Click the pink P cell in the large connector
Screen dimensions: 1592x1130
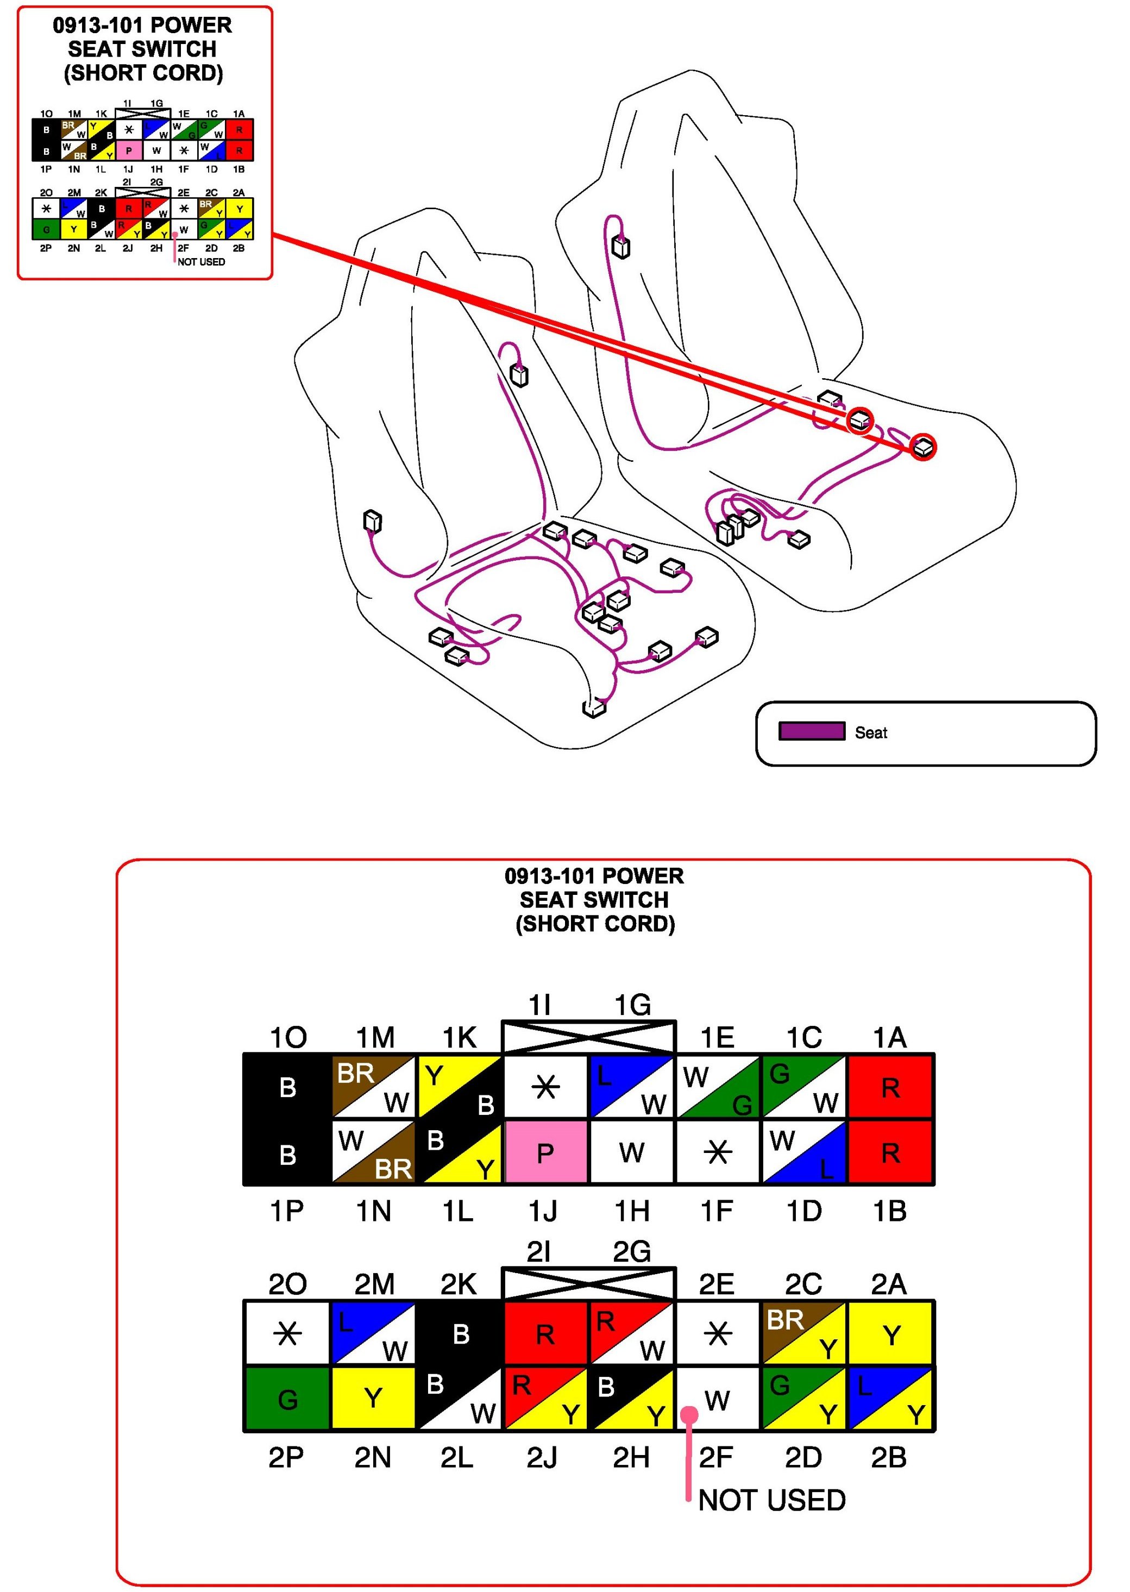[x=545, y=1153]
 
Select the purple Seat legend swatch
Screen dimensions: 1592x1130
[x=811, y=731]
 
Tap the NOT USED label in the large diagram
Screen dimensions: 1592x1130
[x=771, y=1501]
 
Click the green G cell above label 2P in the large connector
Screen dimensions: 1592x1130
[x=287, y=1399]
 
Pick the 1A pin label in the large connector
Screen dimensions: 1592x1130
[x=889, y=1037]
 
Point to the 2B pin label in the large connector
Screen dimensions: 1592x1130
[x=889, y=1458]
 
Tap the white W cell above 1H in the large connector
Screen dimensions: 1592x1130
[x=631, y=1153]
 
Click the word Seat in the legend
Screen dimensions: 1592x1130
[x=870, y=732]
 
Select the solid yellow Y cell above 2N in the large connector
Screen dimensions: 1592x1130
[x=373, y=1399]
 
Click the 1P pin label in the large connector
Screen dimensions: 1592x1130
[x=287, y=1212]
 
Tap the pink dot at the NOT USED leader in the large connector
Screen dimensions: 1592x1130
[x=689, y=1414]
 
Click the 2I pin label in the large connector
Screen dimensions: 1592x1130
[x=539, y=1252]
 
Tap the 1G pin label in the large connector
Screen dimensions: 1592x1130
[x=632, y=1005]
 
